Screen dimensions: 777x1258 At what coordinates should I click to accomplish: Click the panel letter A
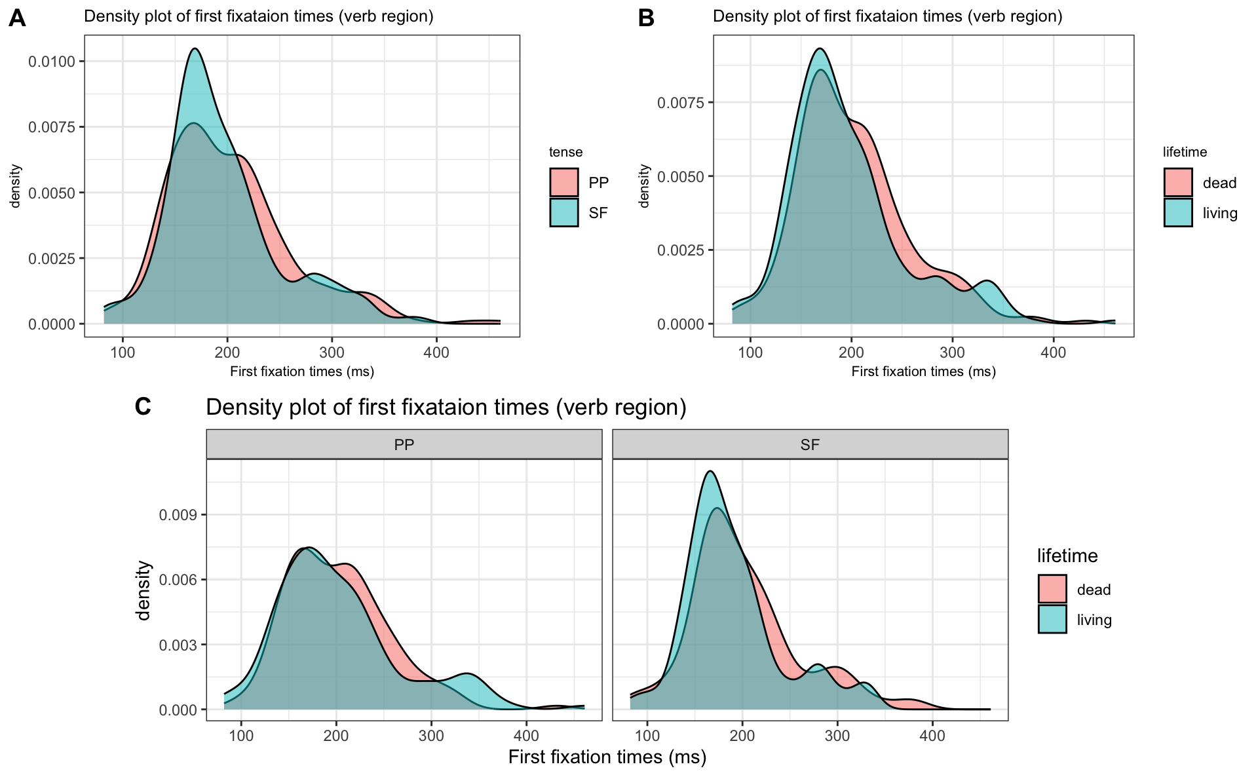pos(17,18)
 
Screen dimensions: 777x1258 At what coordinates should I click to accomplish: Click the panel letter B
pos(646,18)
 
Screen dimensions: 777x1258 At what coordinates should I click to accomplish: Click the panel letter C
pos(143,407)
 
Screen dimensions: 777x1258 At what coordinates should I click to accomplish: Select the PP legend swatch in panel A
pos(564,182)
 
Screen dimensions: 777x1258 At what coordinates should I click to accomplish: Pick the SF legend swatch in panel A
pos(564,212)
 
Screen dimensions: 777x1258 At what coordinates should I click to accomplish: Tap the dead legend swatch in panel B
pos(1178,182)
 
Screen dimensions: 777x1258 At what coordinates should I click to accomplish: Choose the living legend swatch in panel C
pos(1052,619)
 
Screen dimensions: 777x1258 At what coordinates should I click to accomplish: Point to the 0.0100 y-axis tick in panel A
pos(56,62)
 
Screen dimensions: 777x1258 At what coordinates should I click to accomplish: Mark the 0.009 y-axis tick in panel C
pos(178,515)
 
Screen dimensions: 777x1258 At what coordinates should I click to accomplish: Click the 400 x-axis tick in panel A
pos(436,352)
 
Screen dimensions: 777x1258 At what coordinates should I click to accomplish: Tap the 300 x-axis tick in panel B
pos(952,352)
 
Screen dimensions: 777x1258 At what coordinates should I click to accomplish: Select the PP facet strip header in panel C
pos(404,445)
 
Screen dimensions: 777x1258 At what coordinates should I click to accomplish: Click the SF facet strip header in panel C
pos(810,445)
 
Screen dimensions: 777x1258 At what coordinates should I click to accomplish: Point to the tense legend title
pos(565,152)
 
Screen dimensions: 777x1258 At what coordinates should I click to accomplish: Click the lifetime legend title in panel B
pos(1185,152)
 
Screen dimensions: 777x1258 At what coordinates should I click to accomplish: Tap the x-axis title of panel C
pos(607,757)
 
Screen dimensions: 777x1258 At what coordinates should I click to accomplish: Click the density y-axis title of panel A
pos(16,186)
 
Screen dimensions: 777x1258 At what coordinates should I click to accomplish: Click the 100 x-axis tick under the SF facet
pos(648,736)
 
